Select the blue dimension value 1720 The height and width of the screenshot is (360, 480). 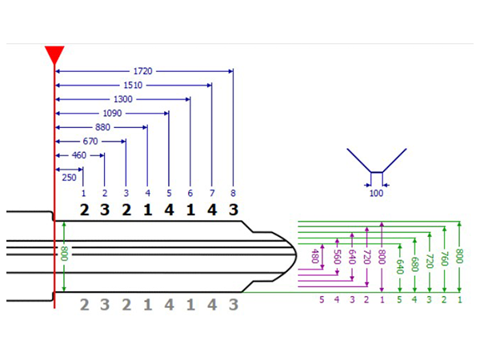[x=142, y=71]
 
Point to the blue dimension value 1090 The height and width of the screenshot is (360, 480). [x=112, y=114]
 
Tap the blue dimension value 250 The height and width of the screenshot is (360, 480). [x=69, y=178]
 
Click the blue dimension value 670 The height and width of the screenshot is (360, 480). [x=90, y=141]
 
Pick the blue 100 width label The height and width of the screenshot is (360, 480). [x=376, y=193]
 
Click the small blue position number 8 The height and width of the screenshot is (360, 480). [x=234, y=193]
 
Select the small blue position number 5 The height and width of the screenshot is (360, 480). [x=169, y=193]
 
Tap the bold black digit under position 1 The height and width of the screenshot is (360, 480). [x=85, y=210]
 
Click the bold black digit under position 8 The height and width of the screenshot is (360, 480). [x=234, y=210]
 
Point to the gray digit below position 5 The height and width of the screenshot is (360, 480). [x=170, y=305]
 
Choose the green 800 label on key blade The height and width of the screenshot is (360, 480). [x=64, y=254]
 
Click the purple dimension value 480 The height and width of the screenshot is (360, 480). [x=314, y=256]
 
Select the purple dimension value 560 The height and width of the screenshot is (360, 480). [x=337, y=257]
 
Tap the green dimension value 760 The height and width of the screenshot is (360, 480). [x=445, y=258]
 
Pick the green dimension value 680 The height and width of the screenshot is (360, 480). [x=414, y=264]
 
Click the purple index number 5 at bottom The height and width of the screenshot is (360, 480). [x=322, y=299]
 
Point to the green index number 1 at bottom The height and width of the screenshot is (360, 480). [x=459, y=300]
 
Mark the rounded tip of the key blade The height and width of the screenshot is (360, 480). [x=296, y=256]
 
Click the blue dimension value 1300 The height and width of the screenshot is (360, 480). [x=122, y=99]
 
